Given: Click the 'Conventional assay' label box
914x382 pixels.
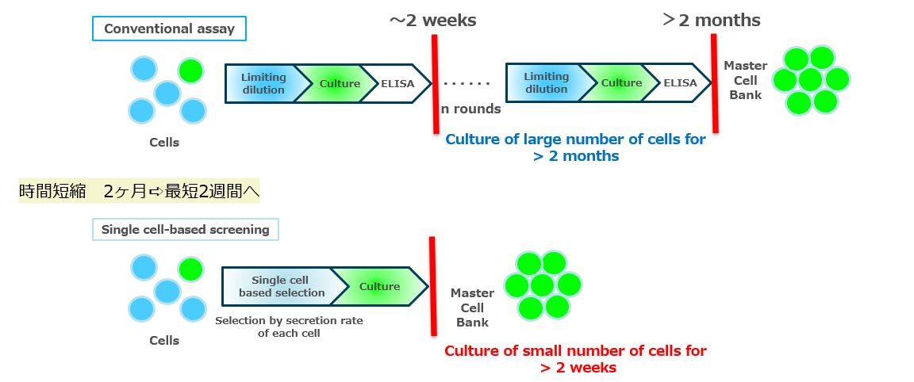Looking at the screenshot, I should pos(169,29).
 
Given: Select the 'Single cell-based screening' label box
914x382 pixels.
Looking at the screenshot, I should pos(185,230).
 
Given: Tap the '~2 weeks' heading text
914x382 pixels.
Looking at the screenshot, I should pos(432,21).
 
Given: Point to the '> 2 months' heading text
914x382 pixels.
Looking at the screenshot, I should pos(711,20).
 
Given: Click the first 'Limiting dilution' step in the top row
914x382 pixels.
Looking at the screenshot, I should pos(263,83).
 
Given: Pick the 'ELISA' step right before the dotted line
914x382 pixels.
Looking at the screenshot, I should pos(397,83).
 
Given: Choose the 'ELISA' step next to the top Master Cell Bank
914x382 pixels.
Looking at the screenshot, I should pos(680,83).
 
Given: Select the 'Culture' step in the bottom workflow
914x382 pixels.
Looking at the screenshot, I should pos(379,287).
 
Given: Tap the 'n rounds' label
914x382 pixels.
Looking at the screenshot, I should pos(470,109).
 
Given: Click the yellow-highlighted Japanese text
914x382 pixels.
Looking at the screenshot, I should pos(139,191).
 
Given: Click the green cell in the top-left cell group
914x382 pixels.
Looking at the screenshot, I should pos(190,71).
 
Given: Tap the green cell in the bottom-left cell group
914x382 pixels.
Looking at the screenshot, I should pos(190,269).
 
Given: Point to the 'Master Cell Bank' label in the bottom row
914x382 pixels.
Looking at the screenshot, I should pos(472,308).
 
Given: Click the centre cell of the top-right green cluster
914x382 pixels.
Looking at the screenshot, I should pos(811,80).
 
